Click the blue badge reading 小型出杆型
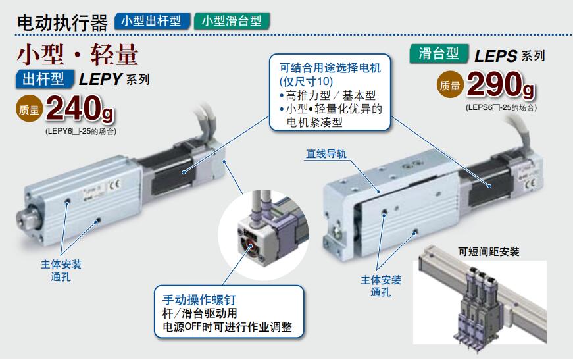tap(153, 21)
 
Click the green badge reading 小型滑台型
tap(232, 21)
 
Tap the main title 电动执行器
tap(62, 22)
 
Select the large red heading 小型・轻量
tap(78, 55)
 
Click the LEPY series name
tap(100, 80)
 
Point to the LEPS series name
tap(496, 56)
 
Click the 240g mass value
tap(80, 109)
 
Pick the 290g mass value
tap(501, 85)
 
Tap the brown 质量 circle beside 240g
tap(29, 108)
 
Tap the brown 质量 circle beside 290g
tap(450, 84)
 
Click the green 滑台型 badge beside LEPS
tap(439, 54)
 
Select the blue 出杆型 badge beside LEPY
tap(45, 78)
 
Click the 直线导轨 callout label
tap(326, 154)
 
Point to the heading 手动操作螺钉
tap(199, 299)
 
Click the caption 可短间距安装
tap(489, 251)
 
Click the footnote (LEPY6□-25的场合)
tap(81, 131)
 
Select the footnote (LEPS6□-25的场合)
tap(501, 107)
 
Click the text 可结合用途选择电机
tap(330, 68)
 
